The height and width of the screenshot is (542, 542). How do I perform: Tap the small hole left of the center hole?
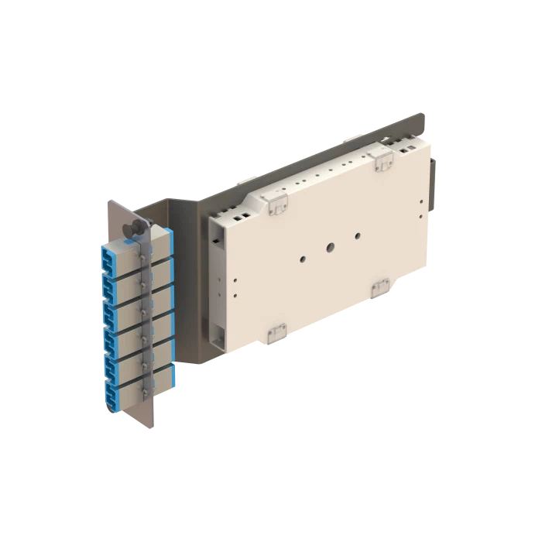click(302, 260)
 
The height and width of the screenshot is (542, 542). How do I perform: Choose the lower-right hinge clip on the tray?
click(381, 289)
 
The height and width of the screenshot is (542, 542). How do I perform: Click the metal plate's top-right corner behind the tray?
click(422, 115)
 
